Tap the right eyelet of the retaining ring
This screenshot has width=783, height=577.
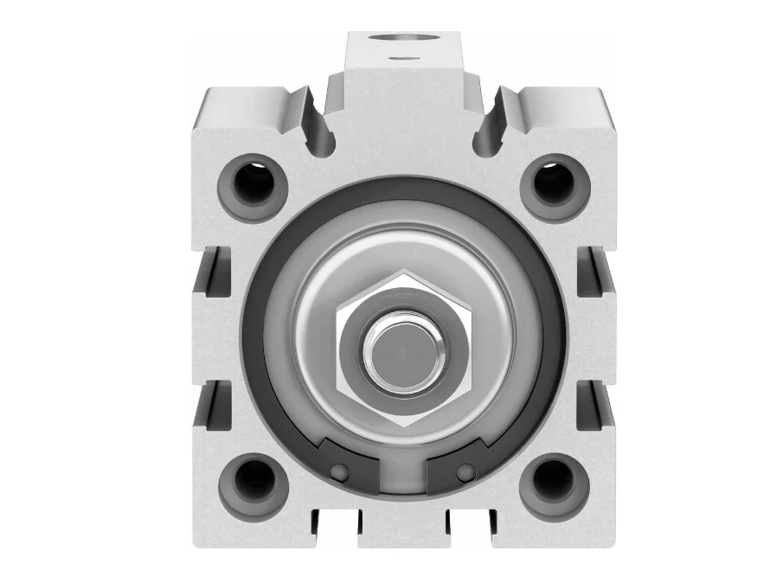[x=466, y=471]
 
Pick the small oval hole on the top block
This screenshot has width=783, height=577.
[x=400, y=59]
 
